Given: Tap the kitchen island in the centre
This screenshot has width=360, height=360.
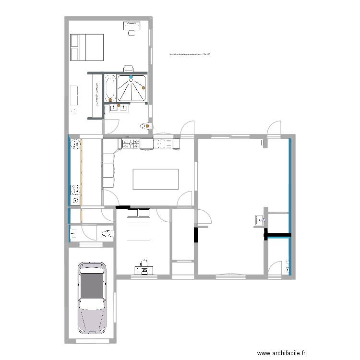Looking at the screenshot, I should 156,179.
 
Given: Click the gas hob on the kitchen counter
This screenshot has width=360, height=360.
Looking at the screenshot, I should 131,143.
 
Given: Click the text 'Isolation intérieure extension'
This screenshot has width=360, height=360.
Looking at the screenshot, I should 190,55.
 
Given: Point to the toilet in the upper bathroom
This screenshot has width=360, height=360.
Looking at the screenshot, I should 144,126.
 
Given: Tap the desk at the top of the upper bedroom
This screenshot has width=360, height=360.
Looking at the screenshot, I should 131,25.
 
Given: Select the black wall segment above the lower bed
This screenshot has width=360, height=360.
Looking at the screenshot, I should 122,207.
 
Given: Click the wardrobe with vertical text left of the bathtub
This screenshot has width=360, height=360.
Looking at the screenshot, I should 96,95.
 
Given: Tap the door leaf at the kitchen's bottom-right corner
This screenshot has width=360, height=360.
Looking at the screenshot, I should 184,199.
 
